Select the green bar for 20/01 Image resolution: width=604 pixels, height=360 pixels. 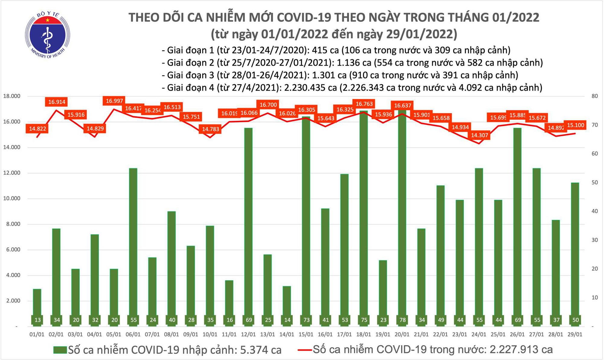click(402, 217)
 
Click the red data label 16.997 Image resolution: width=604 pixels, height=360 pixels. click(114, 101)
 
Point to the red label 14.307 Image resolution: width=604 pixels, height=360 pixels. click(480, 135)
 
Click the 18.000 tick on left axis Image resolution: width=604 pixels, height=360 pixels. click(11, 96)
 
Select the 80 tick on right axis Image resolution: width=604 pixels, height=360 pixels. click(595, 96)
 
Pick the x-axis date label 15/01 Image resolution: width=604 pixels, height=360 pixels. click(306, 335)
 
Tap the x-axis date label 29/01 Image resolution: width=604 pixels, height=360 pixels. click(575, 335)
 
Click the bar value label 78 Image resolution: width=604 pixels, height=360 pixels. click(403, 320)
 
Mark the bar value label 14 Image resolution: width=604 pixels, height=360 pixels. click(287, 320)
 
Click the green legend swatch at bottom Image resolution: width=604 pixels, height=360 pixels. click(60, 350)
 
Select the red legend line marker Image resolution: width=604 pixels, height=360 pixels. click(304, 350)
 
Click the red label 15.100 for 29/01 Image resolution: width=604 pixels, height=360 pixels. click(576, 125)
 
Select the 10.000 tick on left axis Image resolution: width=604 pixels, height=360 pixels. click(11, 199)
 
